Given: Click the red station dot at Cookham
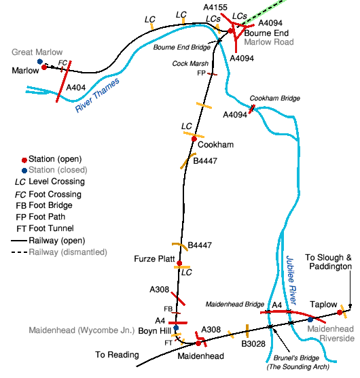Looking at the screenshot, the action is click(x=194, y=139).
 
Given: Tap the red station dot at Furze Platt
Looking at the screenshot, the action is click(x=179, y=263).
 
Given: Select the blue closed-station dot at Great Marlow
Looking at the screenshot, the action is click(x=40, y=62).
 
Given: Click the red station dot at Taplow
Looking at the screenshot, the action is click(x=340, y=313).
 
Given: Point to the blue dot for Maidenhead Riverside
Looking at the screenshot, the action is click(x=310, y=320).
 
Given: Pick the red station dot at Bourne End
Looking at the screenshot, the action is click(x=230, y=31).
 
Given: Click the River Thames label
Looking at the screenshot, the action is click(x=97, y=95).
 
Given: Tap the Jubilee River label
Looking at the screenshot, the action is click(x=291, y=280).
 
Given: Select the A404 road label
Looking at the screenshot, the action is click(x=76, y=87).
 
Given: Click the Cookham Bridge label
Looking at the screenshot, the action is click(x=275, y=99).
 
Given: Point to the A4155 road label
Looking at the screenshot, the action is click(x=215, y=7).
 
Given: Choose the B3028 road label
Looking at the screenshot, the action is click(x=253, y=344).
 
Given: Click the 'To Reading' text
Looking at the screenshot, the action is click(x=117, y=355).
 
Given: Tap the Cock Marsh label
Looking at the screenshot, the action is click(x=190, y=64).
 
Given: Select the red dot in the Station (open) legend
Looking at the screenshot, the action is click(x=24, y=160).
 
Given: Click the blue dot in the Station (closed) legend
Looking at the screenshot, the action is click(x=24, y=171).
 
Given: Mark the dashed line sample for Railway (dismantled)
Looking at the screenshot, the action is click(x=19, y=252).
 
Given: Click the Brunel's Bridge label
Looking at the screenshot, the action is click(x=296, y=358).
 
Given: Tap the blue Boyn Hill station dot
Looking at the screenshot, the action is click(x=176, y=328).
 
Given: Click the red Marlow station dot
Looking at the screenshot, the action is click(x=44, y=67).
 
